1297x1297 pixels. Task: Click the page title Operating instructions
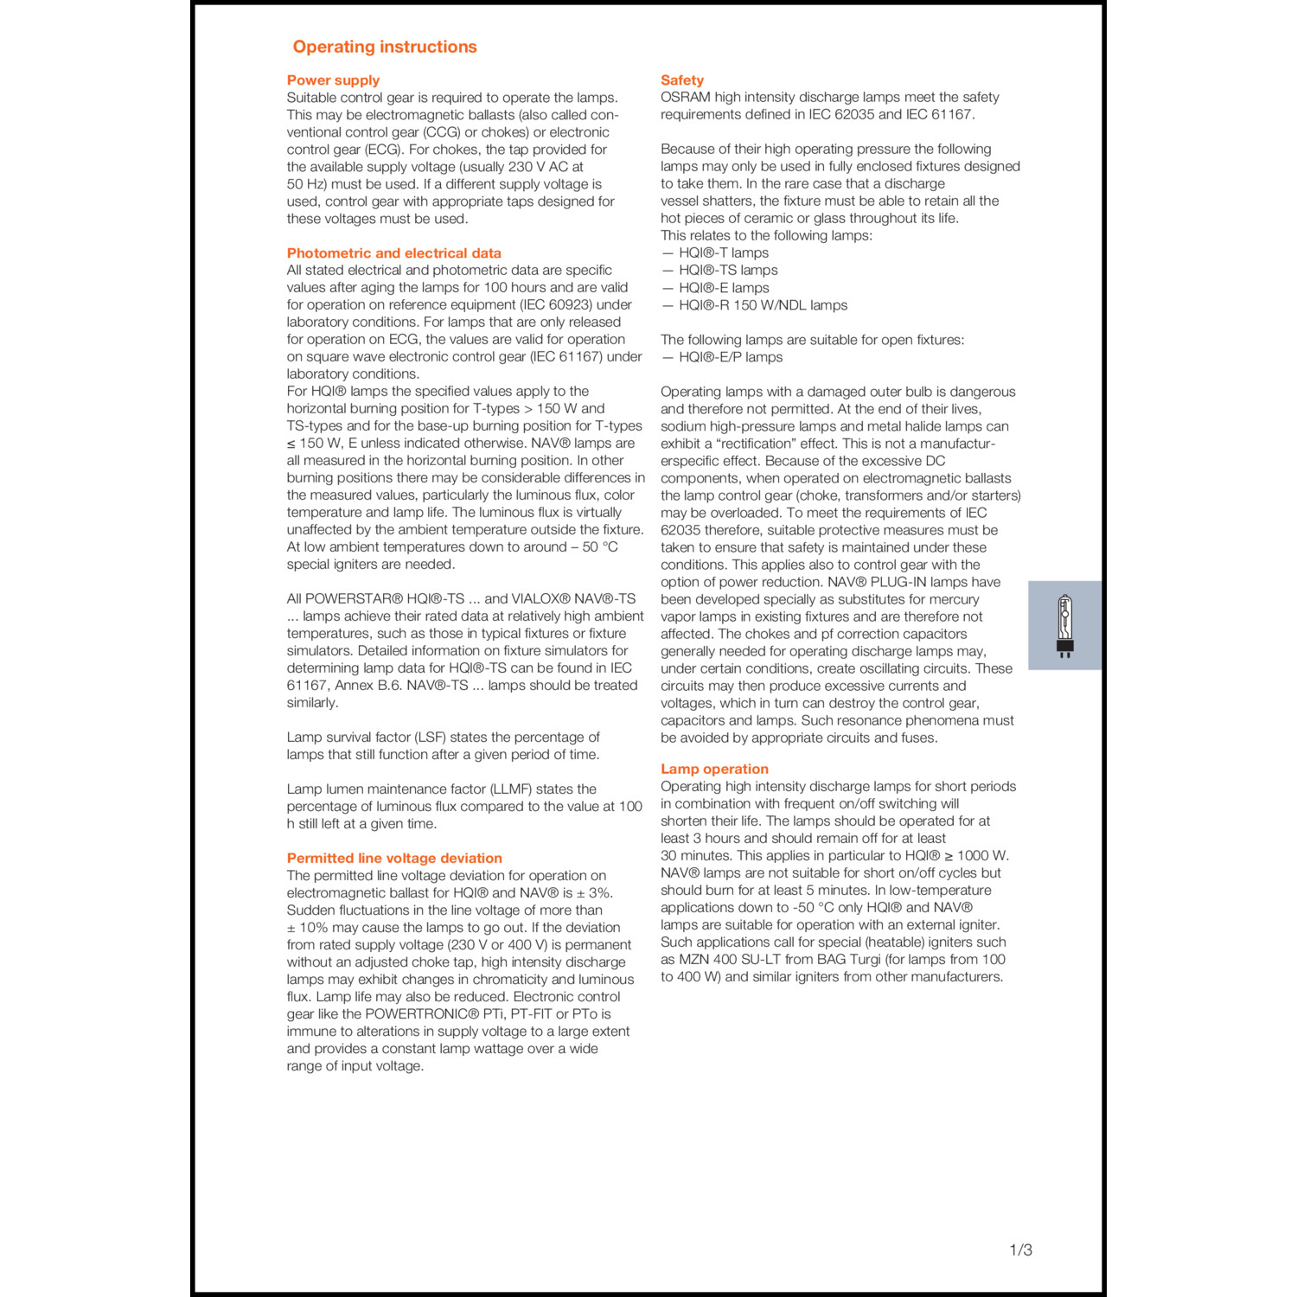[385, 47]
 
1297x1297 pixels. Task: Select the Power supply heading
[333, 80]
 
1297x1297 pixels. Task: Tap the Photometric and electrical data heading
[393, 253]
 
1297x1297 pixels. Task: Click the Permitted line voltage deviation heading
[394, 858]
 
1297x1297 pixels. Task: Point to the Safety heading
[682, 80]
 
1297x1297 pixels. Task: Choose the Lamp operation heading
[714, 769]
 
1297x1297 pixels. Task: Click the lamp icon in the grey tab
[1064, 625]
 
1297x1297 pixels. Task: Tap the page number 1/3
[1020, 1249]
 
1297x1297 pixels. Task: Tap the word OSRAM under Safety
[685, 98]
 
